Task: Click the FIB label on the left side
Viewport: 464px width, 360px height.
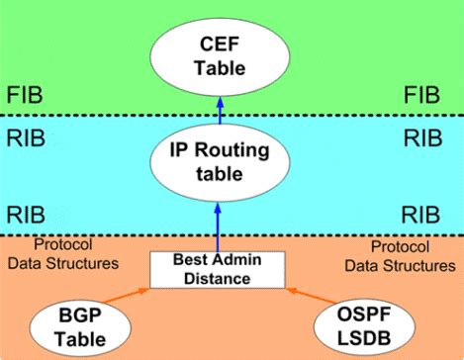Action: click(27, 97)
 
